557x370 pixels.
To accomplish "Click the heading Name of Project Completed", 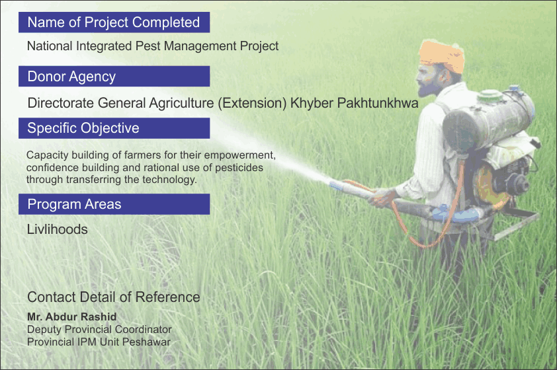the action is [x=114, y=22].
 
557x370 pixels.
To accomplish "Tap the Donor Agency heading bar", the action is [x=114, y=76].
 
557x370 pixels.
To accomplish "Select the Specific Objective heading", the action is [x=114, y=128].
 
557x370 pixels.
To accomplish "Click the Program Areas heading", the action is [x=114, y=204].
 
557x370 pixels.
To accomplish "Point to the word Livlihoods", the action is [x=57, y=229].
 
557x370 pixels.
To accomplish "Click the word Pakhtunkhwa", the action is [x=378, y=103].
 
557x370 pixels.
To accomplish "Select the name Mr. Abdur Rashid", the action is [x=71, y=316].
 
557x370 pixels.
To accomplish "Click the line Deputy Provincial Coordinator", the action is [x=99, y=330].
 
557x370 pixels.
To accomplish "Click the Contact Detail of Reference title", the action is [x=114, y=297].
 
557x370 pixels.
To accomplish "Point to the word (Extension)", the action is [x=252, y=103].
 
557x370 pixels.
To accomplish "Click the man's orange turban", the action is [x=442, y=55].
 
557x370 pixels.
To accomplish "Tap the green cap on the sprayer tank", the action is [x=490, y=95].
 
